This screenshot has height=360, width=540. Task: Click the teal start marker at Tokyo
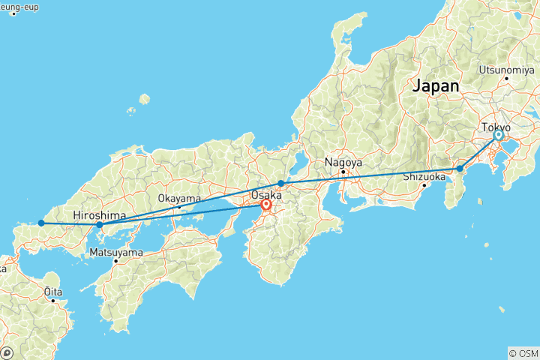pos(498,136)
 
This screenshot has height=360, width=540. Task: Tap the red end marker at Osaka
pos(266,204)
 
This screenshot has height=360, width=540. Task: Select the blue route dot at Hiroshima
pos(100,224)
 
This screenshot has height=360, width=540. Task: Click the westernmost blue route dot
pos(41,223)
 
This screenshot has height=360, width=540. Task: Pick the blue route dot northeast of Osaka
pos(280,183)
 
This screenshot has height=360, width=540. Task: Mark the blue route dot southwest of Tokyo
pos(460,169)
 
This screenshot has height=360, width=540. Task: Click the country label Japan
pos(435,86)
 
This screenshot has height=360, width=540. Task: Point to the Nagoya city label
pos(343,162)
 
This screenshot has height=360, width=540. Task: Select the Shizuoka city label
pos(425,177)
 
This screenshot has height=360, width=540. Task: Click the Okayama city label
pos(179,199)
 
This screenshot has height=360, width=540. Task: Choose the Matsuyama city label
pos(115,252)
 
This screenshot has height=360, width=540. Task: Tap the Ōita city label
pos(52,290)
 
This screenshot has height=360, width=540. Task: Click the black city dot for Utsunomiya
pos(507,78)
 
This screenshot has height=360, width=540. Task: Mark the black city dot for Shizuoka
pos(424,185)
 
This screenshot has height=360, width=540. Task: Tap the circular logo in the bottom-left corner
pos(8,352)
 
